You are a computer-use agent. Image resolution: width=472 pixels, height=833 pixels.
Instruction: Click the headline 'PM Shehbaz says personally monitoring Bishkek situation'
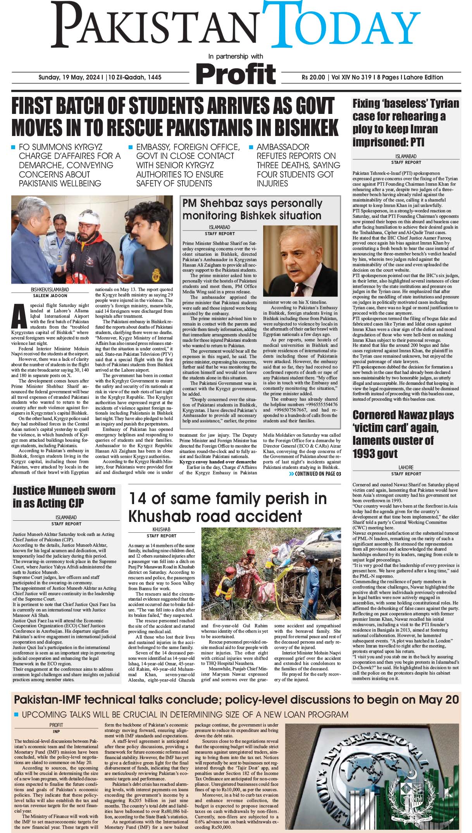click(x=252, y=209)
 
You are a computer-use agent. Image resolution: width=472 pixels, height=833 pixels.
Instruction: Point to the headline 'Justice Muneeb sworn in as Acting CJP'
click(x=64, y=497)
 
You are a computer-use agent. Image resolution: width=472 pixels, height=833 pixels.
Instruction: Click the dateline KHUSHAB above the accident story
click(x=161, y=529)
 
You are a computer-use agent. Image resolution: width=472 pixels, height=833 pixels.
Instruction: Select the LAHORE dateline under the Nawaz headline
click(x=406, y=468)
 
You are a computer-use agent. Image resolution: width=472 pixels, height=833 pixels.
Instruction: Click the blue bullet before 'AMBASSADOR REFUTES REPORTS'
click(x=251, y=148)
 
